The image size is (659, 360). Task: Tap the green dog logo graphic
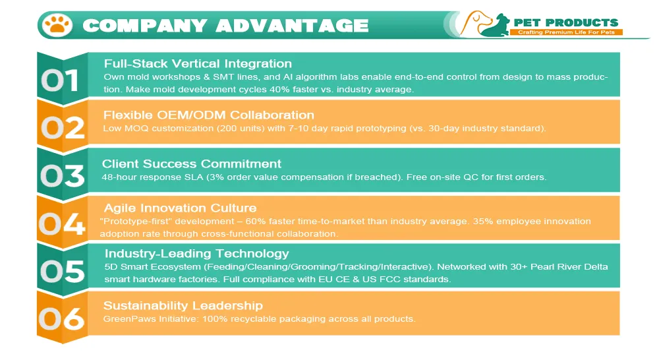[494, 24]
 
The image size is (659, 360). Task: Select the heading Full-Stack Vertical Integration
[198, 64]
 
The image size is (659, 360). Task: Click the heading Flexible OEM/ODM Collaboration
[209, 115]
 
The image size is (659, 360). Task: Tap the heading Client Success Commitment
[192, 164]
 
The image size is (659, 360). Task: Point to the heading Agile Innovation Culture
[180, 208]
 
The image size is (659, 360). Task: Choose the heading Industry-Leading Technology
[197, 253]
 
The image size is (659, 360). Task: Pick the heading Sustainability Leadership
[183, 305]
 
